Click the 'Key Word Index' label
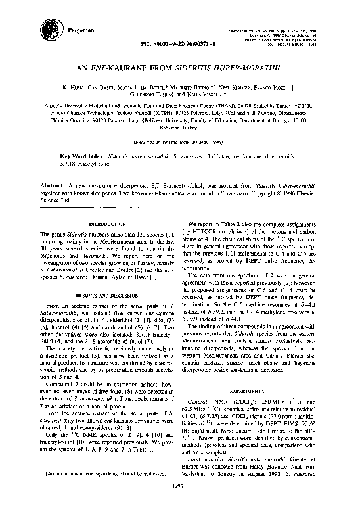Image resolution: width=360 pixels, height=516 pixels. point(83,156)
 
